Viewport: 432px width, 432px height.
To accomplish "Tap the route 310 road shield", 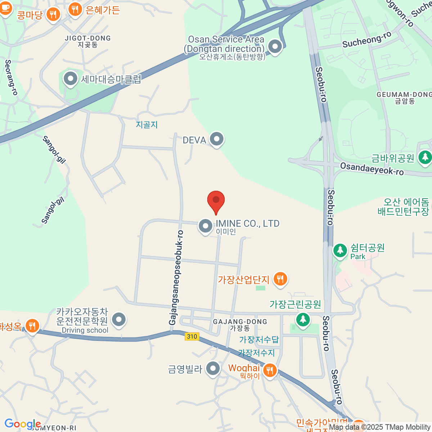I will pyautogui.click(x=192, y=336).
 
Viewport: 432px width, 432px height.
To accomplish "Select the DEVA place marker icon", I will pyautogui.click(x=217, y=139).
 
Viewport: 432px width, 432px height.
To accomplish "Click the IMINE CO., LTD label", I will pyautogui.click(x=247, y=224).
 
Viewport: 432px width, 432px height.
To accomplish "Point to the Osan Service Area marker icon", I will pyautogui.click(x=275, y=46).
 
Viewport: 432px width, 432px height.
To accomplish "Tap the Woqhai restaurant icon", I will pyautogui.click(x=270, y=370).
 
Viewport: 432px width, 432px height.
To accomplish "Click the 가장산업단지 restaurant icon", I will pyautogui.click(x=280, y=279).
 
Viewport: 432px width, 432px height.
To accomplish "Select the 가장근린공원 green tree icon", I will pyautogui.click(x=303, y=319).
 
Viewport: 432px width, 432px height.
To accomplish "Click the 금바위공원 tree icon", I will pyautogui.click(x=425, y=157).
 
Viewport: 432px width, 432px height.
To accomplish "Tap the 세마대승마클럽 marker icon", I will pyautogui.click(x=70, y=78).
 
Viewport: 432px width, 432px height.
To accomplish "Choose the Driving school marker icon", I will pyautogui.click(x=119, y=319).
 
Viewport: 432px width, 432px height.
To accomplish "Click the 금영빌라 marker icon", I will pyautogui.click(x=213, y=369).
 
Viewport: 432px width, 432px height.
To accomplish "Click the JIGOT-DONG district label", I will pyautogui.click(x=87, y=38).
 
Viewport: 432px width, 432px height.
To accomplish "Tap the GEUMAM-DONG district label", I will pyautogui.click(x=404, y=95).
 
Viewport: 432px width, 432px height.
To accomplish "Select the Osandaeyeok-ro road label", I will pyautogui.click(x=372, y=168).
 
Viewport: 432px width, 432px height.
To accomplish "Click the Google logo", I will pyautogui.click(x=22, y=424).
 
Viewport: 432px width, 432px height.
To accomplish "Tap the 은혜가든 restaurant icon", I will pyautogui.click(x=75, y=9).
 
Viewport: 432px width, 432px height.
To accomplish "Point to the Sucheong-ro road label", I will pyautogui.click(x=366, y=40).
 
